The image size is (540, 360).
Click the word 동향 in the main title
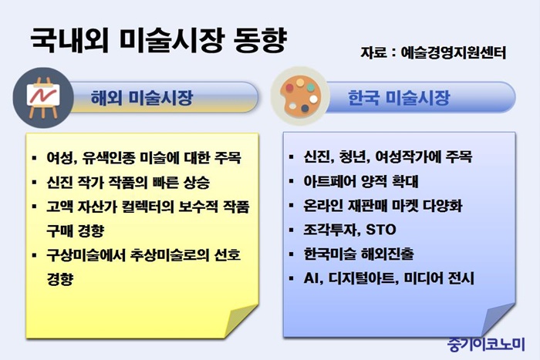tap(261, 40)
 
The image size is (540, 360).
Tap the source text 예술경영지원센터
tap(454, 53)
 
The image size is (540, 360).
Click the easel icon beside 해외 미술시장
tap(43, 97)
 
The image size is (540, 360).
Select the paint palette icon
tap(300, 96)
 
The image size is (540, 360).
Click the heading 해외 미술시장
tap(141, 97)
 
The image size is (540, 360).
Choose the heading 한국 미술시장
tap(399, 97)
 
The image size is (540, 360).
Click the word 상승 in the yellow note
tap(196, 182)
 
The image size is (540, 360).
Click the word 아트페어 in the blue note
tap(329, 181)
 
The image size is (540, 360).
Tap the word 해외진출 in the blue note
tap(387, 254)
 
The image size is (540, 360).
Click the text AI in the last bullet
tap(311, 278)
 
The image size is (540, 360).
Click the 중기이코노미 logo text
tap(486, 344)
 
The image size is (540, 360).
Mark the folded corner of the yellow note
tap(241, 321)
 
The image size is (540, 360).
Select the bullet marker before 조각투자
tap(292, 230)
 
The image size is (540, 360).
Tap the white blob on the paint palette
tap(313, 99)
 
